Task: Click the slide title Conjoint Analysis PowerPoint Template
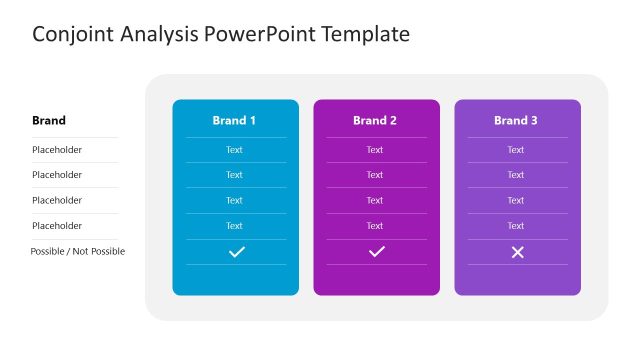pos(221,34)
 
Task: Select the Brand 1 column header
pos(234,121)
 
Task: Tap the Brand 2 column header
pos(375,121)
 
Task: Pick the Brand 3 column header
pos(516,121)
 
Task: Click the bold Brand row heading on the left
pos(49,121)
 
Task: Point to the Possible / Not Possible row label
pos(78,251)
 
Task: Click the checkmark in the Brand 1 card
pos(236,252)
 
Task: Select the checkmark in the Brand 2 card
pos(376,252)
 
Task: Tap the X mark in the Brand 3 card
pos(517,252)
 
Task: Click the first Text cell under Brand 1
pos(234,150)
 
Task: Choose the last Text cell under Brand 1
pos(234,226)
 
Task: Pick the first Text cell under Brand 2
pos(375,150)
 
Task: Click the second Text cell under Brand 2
pos(375,175)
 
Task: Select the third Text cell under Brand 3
pos(516,200)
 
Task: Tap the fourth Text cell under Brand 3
pos(516,226)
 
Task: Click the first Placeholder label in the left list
pos(57,150)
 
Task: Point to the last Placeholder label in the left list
pos(57,226)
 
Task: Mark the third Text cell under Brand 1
pos(234,200)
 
